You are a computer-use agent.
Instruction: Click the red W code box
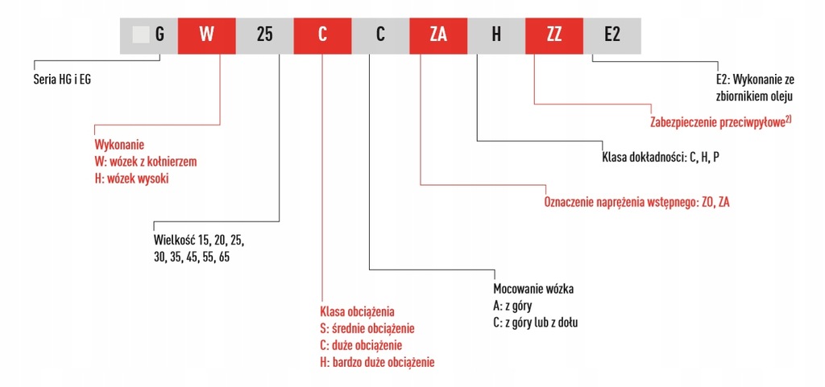click(x=206, y=35)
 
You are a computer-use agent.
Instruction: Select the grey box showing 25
click(x=264, y=35)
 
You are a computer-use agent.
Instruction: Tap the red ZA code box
click(x=438, y=35)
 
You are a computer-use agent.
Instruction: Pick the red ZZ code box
click(x=554, y=35)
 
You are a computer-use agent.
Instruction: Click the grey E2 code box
click(x=612, y=35)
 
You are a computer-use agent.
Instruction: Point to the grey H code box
click(x=496, y=35)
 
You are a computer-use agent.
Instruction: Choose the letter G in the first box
click(x=160, y=35)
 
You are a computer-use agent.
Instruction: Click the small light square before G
click(x=141, y=35)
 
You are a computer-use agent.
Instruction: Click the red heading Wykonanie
click(x=118, y=146)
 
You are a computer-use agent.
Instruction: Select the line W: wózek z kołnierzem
click(x=146, y=162)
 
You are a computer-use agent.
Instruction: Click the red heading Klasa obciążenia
click(x=358, y=311)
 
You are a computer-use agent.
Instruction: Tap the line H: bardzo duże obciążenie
click(x=377, y=362)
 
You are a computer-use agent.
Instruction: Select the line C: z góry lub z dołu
click(x=536, y=323)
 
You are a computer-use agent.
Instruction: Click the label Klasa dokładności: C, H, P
click(x=661, y=158)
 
